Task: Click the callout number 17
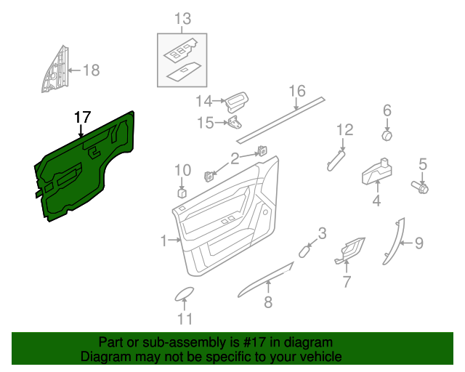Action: (82, 116)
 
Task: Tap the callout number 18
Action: (90, 70)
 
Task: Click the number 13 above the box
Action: (182, 18)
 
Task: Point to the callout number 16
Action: (296, 91)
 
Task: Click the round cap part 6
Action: (387, 135)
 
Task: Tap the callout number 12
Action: (344, 130)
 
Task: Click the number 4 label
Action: (376, 201)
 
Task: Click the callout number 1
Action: (163, 239)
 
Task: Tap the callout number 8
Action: (268, 303)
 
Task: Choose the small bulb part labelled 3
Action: (304, 251)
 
